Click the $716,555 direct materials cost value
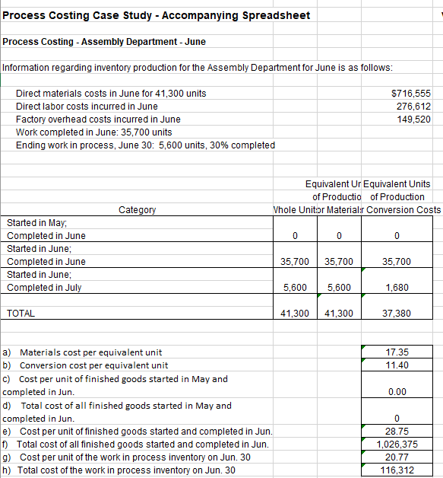410,93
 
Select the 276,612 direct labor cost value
414,106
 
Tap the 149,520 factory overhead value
414,119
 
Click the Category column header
138,209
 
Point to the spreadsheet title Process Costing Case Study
157,16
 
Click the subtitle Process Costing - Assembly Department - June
104,41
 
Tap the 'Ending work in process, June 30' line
145,145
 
